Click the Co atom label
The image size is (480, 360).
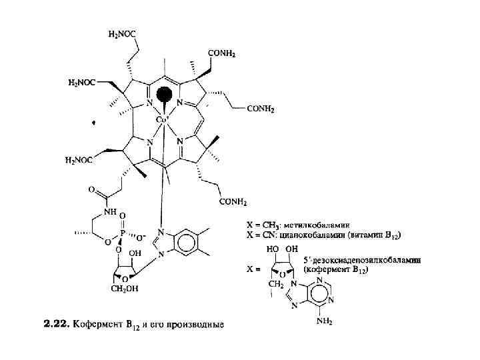pos(162,120)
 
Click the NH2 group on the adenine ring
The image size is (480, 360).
pos(324,322)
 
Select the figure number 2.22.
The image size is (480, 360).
pos(56,325)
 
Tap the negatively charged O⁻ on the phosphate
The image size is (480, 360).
pos(141,235)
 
